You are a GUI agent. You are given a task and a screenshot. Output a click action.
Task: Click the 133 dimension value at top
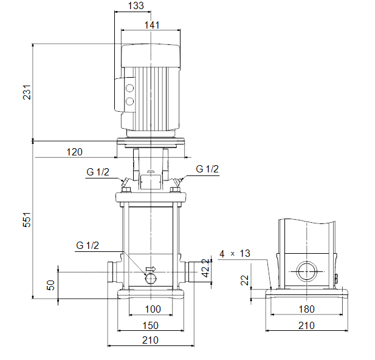(x=136, y=5)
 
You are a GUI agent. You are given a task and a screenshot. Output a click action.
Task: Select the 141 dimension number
(x=152, y=25)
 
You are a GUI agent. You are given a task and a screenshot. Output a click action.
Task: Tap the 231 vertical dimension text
(x=27, y=92)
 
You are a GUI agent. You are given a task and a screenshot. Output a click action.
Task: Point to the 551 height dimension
(x=27, y=219)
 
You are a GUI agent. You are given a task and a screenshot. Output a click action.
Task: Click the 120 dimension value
(x=74, y=152)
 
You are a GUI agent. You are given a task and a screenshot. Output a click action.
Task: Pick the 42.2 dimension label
(x=205, y=268)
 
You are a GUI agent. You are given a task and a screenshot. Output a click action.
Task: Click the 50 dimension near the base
(x=50, y=285)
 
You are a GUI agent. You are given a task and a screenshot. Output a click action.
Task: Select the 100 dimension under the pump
(x=153, y=309)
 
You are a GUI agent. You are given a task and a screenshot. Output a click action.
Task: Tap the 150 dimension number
(x=151, y=325)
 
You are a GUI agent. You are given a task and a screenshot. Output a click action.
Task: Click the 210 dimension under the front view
(x=150, y=340)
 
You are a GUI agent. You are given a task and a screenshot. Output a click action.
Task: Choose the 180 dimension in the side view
(x=306, y=309)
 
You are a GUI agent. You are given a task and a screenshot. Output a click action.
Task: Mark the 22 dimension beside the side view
(x=245, y=280)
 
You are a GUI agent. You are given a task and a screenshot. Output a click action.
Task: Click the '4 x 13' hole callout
(x=235, y=254)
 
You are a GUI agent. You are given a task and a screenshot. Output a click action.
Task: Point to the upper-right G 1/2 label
(x=207, y=169)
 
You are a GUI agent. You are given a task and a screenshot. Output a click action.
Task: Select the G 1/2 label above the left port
(x=98, y=172)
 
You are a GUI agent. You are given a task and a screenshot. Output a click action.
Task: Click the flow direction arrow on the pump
(x=151, y=269)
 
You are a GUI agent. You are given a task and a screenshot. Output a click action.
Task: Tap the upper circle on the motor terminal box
(x=129, y=88)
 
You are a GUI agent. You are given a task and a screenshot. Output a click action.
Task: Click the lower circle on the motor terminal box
(x=129, y=101)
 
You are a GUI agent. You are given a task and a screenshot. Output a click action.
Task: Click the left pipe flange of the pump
(x=110, y=272)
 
